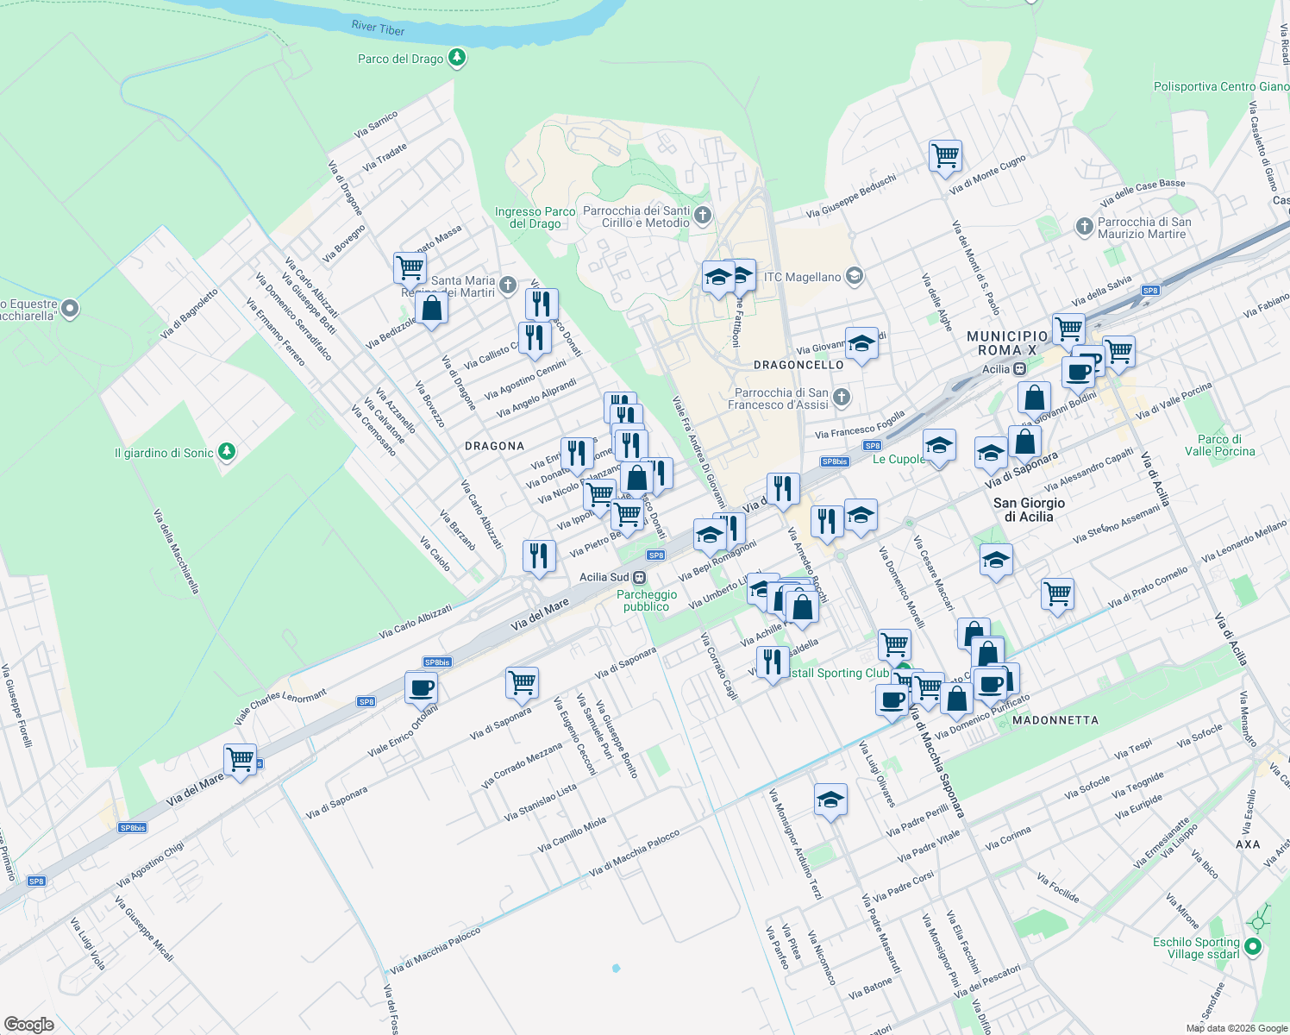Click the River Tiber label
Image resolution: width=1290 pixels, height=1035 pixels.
[378, 28]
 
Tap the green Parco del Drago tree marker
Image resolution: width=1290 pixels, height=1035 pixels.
[457, 59]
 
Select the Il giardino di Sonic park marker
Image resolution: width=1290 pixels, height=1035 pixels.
[226, 451]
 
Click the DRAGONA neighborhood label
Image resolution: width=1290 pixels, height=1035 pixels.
[494, 446]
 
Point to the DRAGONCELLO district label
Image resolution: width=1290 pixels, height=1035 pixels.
[798, 365]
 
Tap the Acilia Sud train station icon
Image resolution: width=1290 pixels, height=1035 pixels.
[639, 577]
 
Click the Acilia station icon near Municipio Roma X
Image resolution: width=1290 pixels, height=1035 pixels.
[1019, 369]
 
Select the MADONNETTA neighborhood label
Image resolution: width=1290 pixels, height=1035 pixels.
[1055, 720]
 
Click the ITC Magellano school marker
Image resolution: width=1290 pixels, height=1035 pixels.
[854, 276]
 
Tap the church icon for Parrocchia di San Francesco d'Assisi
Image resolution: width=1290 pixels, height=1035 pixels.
[842, 398]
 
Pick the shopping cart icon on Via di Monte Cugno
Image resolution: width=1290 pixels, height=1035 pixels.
[946, 156]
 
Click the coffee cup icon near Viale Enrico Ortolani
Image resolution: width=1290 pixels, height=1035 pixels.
[421, 688]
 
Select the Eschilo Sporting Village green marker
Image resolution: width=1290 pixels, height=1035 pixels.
[1253, 947]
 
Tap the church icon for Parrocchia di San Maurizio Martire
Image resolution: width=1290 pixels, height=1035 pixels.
[1085, 227]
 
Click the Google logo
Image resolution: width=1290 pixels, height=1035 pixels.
[28, 1024]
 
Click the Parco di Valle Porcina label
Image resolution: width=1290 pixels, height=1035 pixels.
[1219, 445]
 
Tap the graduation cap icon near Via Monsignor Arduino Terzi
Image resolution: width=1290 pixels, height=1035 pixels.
[830, 800]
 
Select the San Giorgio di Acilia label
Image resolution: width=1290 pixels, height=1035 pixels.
[1029, 510]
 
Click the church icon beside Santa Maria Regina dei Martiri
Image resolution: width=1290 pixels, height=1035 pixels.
[508, 285]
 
